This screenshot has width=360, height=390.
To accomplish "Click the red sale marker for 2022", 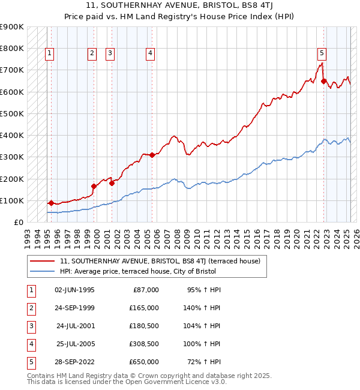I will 324,81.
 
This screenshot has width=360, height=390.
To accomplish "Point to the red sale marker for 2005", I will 152,155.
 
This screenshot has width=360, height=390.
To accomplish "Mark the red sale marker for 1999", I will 94,186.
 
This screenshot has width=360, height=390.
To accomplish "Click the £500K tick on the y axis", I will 12,113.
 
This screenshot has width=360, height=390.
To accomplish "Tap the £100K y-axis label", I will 12,200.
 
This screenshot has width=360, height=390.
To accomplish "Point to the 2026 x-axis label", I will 356,233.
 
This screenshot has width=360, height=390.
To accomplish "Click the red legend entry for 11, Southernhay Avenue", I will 160,261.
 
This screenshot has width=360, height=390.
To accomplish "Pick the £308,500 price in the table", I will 144,345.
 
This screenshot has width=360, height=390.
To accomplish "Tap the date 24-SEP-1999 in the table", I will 74,308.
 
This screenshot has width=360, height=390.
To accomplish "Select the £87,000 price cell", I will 146,290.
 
